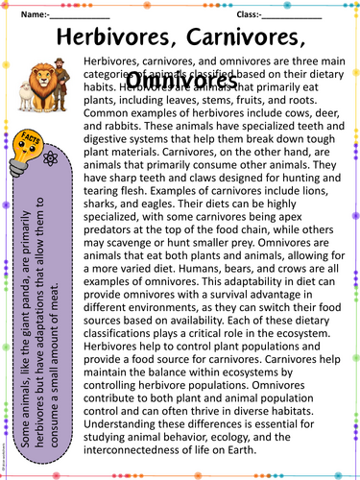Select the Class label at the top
pyautogui.click(x=246, y=15)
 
